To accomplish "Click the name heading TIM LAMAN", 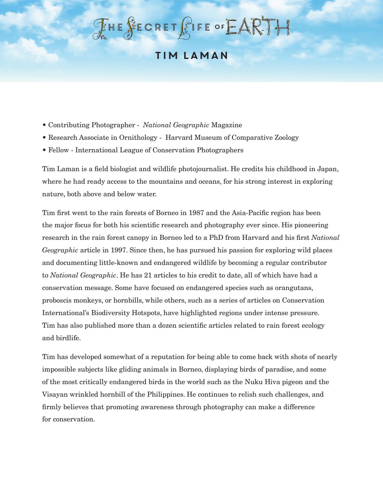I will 191,56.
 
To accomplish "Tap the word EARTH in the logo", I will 258,27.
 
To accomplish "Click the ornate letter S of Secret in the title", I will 130,28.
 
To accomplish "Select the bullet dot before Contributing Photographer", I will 44,125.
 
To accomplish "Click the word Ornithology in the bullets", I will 138,137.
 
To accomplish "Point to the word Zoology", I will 287,137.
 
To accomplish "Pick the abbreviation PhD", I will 216,237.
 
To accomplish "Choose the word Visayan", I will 55,394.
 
